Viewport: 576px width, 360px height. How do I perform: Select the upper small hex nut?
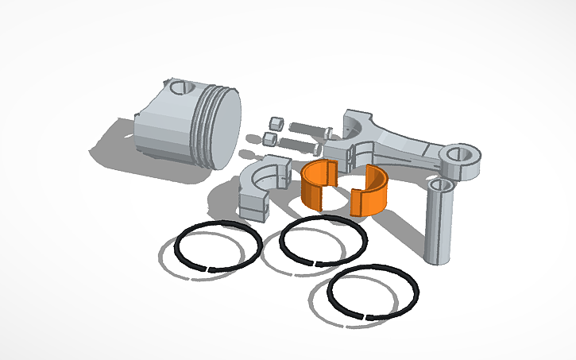pyautogui.click(x=276, y=125)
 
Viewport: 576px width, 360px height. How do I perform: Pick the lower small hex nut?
pyautogui.click(x=270, y=140)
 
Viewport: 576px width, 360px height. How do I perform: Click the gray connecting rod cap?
pyautogui.click(x=262, y=184)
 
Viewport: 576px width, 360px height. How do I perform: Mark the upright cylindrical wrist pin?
pyautogui.click(x=438, y=226)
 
